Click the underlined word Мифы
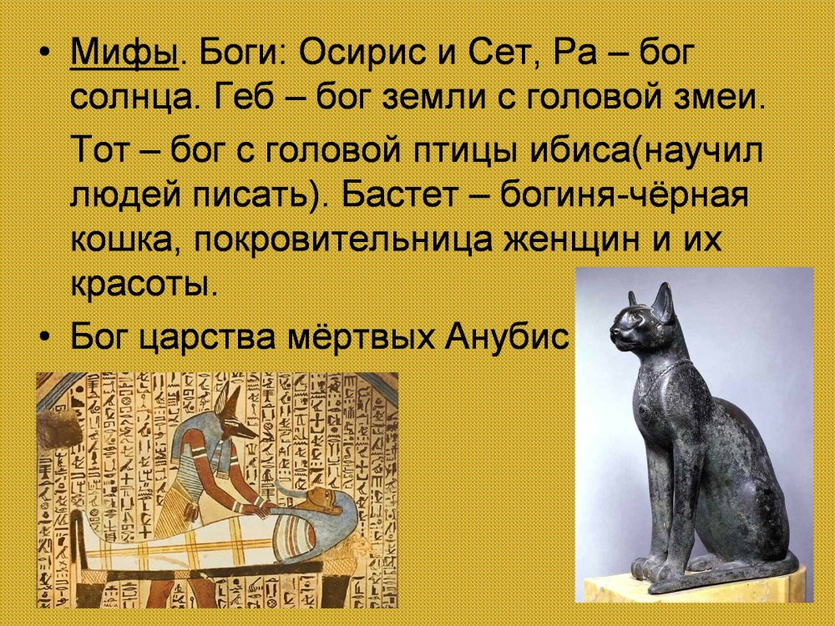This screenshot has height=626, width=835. (x=124, y=53)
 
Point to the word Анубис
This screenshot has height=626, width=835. (x=507, y=336)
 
